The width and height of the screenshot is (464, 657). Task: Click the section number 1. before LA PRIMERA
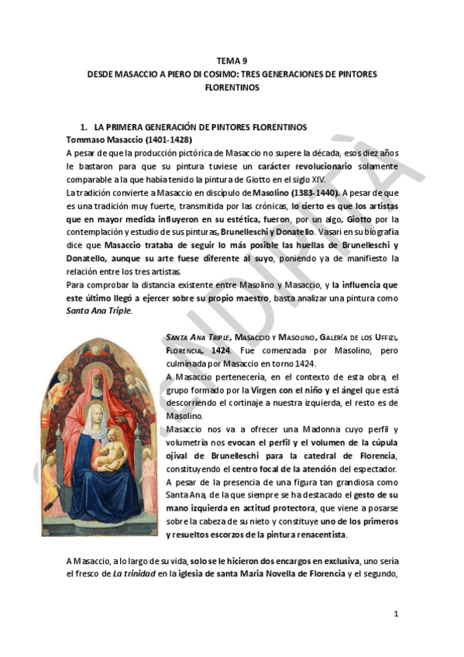coord(85,126)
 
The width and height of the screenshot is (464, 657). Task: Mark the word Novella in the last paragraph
coord(280,574)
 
